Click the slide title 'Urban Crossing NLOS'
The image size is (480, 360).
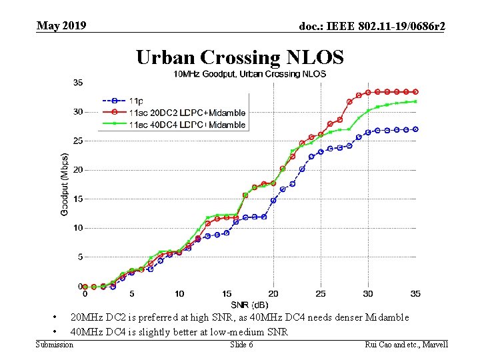(x=240, y=57)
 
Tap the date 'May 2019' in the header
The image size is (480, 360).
(x=61, y=26)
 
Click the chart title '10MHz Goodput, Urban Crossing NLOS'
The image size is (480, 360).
(x=250, y=73)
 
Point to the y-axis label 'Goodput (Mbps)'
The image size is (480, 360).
(x=65, y=181)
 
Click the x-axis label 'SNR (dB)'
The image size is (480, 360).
(x=250, y=305)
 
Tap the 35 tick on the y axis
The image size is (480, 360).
(x=78, y=83)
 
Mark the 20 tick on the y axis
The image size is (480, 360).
(x=78, y=170)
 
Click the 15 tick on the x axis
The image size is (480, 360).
(x=227, y=294)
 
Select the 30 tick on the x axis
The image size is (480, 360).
(x=368, y=294)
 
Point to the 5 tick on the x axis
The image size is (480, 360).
(x=132, y=294)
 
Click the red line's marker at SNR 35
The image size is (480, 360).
(x=415, y=91)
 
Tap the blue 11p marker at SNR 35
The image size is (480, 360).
(x=415, y=129)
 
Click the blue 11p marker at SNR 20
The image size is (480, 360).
(x=273, y=200)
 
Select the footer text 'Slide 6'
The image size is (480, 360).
(x=241, y=345)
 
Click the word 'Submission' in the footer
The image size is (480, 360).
(x=54, y=345)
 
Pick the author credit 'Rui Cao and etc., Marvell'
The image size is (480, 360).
(x=407, y=345)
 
